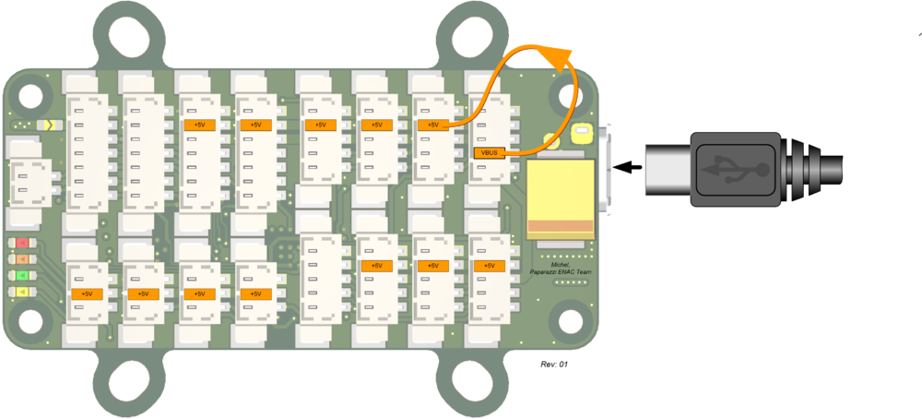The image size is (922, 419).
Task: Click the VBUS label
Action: [x=490, y=153]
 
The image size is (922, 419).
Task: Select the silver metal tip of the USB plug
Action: [x=668, y=169]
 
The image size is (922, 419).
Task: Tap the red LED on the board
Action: [x=22, y=243]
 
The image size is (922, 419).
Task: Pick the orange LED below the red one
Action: [x=22, y=259]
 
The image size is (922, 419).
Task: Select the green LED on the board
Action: [x=22, y=275]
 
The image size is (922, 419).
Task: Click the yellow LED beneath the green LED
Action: [x=22, y=291]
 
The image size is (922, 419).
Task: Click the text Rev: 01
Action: [x=554, y=365]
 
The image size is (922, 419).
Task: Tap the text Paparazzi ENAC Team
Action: [x=560, y=272]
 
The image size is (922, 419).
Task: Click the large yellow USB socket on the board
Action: [x=561, y=199]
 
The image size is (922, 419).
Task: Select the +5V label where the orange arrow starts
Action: [x=432, y=125]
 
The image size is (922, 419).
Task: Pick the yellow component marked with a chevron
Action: [x=48, y=125]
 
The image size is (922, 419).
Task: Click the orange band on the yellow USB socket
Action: [x=561, y=226]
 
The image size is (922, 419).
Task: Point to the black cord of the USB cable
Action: [x=833, y=168]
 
